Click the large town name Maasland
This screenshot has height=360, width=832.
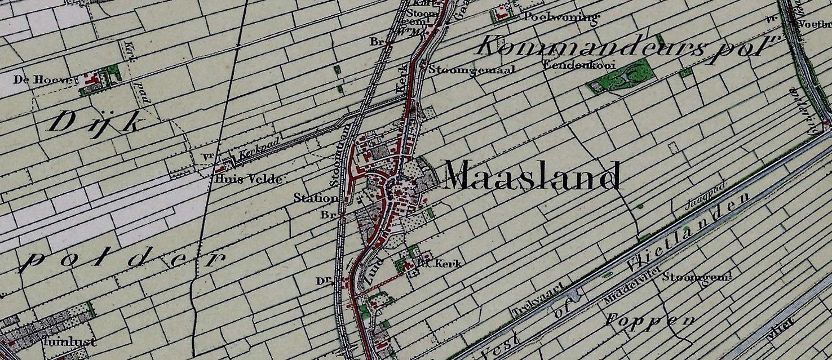[533, 176]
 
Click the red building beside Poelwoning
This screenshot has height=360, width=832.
[501, 14]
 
